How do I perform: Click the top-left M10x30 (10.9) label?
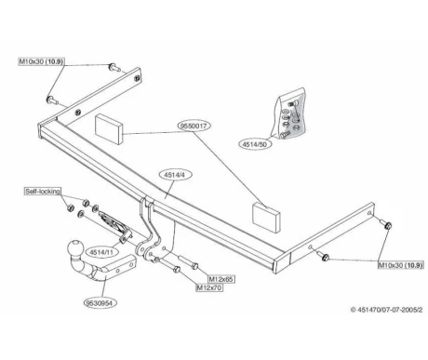tap(41, 61)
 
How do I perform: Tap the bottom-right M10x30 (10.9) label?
tap(401, 265)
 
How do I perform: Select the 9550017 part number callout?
tap(194, 126)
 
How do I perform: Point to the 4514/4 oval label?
tap(176, 175)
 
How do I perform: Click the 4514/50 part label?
tap(255, 144)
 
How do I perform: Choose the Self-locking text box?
tap(43, 192)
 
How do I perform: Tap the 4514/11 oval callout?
tap(101, 252)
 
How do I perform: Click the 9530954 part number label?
tap(99, 302)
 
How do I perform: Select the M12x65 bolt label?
tap(221, 279)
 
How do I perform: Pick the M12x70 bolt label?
tap(209, 287)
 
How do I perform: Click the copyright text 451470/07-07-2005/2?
tap(386, 310)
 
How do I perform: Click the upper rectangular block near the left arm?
tap(108, 129)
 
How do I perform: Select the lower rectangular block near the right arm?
tap(266, 216)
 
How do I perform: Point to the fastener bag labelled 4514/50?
tap(290, 113)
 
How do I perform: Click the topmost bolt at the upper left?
tap(114, 67)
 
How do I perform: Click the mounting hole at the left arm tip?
tap(136, 78)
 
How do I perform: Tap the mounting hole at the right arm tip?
tap(369, 213)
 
